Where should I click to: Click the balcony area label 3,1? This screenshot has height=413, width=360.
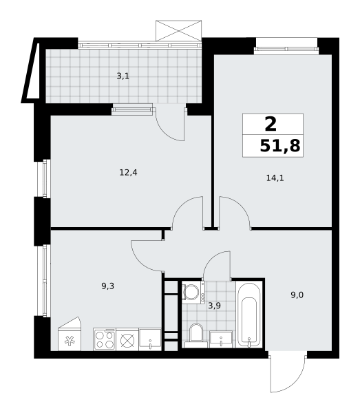pos(123,76)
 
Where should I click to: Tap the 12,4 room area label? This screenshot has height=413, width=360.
pos(128,173)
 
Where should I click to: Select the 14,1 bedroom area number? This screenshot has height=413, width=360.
pos(275,178)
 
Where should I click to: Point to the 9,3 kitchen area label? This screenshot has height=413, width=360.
pos(107,285)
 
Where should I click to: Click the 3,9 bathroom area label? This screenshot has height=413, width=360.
pos(214,305)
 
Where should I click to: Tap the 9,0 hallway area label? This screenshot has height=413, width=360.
pos(297,295)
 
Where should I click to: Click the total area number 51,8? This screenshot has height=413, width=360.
pos(279,146)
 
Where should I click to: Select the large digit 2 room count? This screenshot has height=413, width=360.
pos(271,125)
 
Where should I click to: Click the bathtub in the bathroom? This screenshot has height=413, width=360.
pos(248,313)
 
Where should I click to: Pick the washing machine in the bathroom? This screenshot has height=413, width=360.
pos(191,292)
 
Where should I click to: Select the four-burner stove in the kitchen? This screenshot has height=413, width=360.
pos(104,339)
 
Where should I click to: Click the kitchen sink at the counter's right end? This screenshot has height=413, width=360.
pos(149,339)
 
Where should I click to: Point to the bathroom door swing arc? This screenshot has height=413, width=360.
pos(217,266)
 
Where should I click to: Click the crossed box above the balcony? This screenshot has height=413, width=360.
pos(178,30)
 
